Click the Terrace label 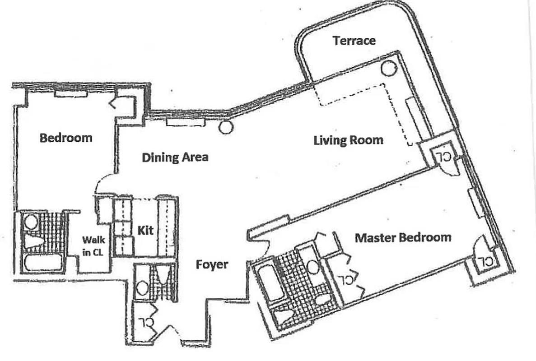(x=354, y=41)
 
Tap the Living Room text (x=348, y=140)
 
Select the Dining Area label (x=175, y=157)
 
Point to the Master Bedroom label (x=403, y=237)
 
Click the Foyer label (x=212, y=264)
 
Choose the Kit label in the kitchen (x=145, y=231)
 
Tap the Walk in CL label (x=93, y=246)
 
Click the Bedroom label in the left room (x=66, y=138)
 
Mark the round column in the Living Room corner (x=387, y=68)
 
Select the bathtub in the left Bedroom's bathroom (x=43, y=263)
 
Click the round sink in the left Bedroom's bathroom (x=31, y=222)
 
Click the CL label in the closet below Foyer (x=145, y=323)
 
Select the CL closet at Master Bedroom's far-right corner (x=484, y=261)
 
